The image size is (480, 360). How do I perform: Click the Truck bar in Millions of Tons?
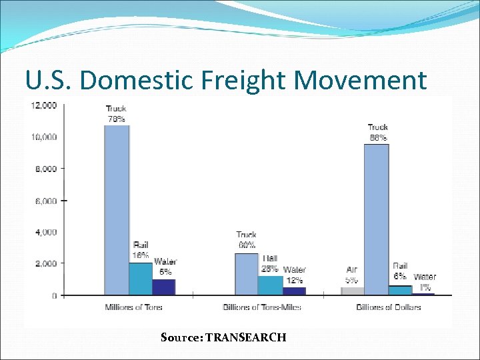[x=117, y=210]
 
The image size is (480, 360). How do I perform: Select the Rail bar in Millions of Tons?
[x=140, y=279]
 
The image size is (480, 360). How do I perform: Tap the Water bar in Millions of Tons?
[x=163, y=287]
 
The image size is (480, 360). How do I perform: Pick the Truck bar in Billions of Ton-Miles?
[x=246, y=274]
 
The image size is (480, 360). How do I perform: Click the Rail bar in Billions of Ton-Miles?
[x=270, y=285]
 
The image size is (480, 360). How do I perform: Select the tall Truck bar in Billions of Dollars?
[x=377, y=219]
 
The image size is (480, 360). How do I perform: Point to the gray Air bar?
[x=352, y=291]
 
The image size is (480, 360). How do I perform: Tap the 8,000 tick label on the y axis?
[x=46, y=169]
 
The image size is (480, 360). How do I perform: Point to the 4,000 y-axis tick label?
[x=46, y=232]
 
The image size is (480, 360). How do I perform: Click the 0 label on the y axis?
[x=55, y=295]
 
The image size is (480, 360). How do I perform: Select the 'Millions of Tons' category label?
[x=133, y=307]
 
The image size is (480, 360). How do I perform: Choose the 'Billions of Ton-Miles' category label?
[x=262, y=307]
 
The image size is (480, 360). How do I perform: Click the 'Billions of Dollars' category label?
[x=389, y=307]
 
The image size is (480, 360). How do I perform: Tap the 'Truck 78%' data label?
[x=116, y=113]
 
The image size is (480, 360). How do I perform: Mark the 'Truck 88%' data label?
[x=378, y=132]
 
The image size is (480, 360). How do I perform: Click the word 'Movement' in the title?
[x=360, y=80]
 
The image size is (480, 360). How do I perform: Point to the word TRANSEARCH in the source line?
[x=246, y=337]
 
